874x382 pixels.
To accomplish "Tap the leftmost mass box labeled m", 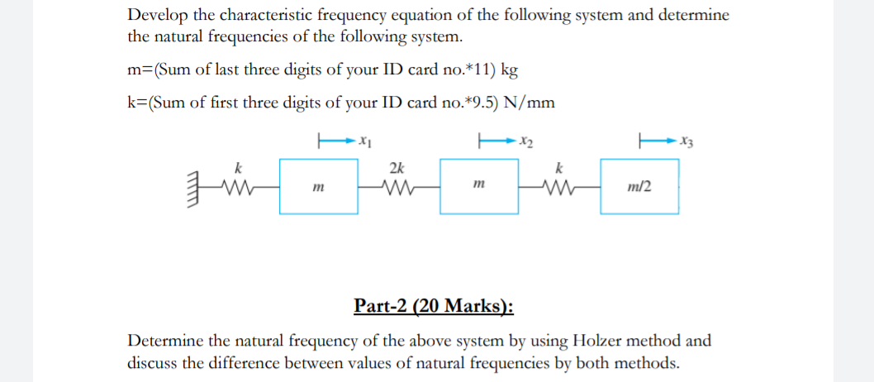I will coord(317,188).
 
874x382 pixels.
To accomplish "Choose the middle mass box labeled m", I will coord(479,188).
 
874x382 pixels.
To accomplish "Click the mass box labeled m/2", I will coord(640,188).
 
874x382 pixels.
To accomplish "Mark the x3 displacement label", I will coord(686,140).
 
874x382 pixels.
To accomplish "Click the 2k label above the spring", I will coord(397,168).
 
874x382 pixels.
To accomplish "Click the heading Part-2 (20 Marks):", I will coord(433,306).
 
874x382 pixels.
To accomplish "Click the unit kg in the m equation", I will coord(509,69).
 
